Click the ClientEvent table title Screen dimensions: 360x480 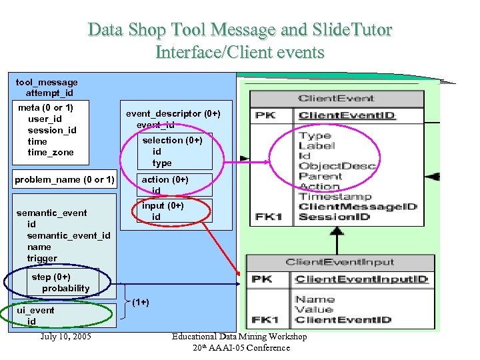(x=336, y=99)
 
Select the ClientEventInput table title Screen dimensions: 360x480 (x=340, y=263)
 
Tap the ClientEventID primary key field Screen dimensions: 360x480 (x=347, y=115)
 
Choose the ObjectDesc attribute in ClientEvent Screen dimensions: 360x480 (x=337, y=166)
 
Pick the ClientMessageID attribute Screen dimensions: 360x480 (x=357, y=207)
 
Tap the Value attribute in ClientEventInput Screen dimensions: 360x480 (x=315, y=309)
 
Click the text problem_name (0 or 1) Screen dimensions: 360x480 (x=65, y=179)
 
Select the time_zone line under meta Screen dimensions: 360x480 (x=51, y=153)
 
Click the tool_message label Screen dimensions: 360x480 (x=47, y=82)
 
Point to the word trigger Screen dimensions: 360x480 (x=42, y=258)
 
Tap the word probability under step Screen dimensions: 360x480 (x=65, y=288)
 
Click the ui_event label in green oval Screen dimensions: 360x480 (x=36, y=310)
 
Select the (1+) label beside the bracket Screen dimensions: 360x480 (x=140, y=302)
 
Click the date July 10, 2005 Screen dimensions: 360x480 (x=66, y=336)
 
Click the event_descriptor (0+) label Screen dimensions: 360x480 (x=173, y=113)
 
